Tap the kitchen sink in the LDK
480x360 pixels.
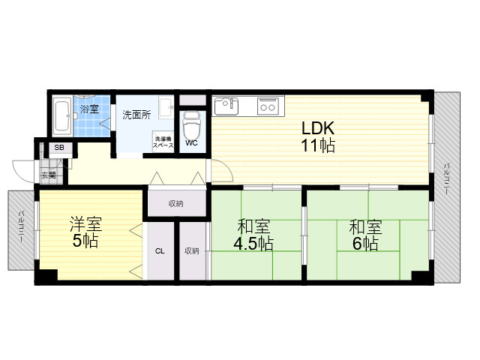(x=226, y=106)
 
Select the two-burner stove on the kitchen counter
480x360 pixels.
(x=268, y=106)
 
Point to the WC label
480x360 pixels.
(x=191, y=143)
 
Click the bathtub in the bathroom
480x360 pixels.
(x=62, y=115)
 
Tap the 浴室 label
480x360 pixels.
(x=89, y=109)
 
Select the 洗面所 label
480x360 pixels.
(x=136, y=115)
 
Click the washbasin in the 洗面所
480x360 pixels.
(x=166, y=107)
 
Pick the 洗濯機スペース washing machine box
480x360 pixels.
(x=163, y=141)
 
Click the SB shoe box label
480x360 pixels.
(x=59, y=148)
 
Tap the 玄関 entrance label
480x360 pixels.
(x=49, y=175)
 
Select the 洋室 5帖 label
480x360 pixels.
(x=85, y=232)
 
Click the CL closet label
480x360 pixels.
(x=160, y=251)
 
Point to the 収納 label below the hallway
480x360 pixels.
(x=176, y=203)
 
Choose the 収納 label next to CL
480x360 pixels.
(x=192, y=251)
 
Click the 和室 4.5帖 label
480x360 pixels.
(x=253, y=235)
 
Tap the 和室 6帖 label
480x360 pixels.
(x=365, y=235)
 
